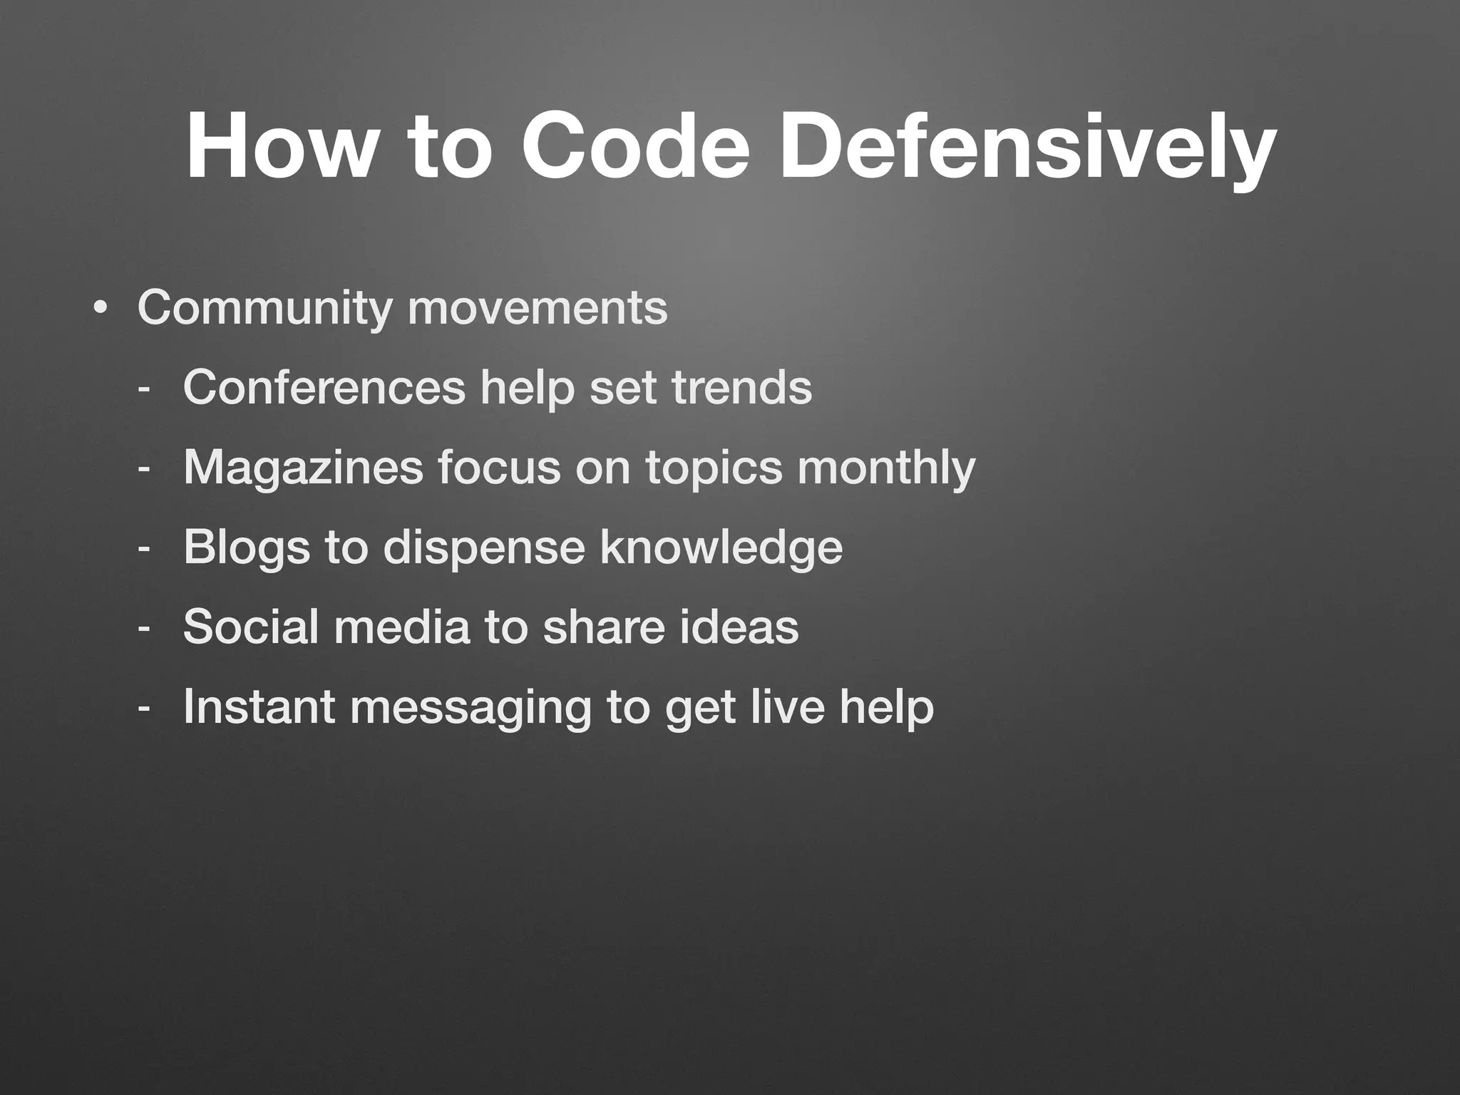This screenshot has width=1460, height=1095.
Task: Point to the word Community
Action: point(264,308)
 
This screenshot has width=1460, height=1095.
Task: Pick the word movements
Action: point(538,308)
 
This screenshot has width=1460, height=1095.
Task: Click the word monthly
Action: point(885,468)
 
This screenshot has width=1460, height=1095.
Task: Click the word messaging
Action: point(471,708)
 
